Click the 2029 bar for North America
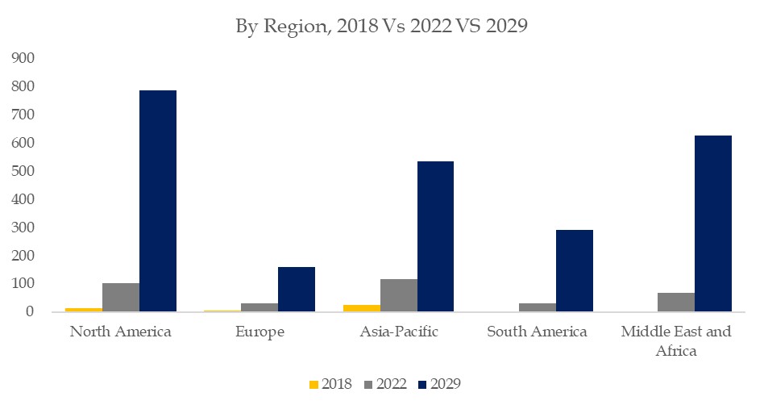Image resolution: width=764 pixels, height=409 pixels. [158, 201]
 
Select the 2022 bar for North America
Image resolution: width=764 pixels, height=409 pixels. [121, 298]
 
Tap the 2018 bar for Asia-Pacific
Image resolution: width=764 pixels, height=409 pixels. [362, 308]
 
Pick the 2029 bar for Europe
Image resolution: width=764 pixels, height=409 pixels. [297, 289]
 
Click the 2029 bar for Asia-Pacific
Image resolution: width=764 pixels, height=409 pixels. [436, 236]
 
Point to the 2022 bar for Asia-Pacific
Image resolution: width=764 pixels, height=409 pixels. [399, 295]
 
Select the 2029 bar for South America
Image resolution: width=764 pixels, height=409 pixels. [575, 271]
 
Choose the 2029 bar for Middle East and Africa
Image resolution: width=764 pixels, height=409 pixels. [713, 223]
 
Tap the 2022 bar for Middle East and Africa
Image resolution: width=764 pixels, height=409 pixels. [676, 303]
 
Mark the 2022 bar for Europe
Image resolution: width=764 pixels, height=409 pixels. [260, 307]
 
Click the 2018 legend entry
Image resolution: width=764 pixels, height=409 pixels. [330, 384]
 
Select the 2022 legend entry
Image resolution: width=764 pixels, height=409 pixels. [384, 384]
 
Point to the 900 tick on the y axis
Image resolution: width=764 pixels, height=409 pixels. [22, 58]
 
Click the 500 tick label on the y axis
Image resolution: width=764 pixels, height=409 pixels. [22, 171]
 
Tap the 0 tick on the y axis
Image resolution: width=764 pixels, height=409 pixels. [29, 312]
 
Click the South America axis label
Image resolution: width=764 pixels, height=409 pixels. [538, 332]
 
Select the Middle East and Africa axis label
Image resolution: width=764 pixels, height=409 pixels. [676, 341]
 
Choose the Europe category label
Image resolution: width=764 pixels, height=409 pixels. [260, 332]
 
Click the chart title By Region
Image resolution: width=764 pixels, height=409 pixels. [381, 26]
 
